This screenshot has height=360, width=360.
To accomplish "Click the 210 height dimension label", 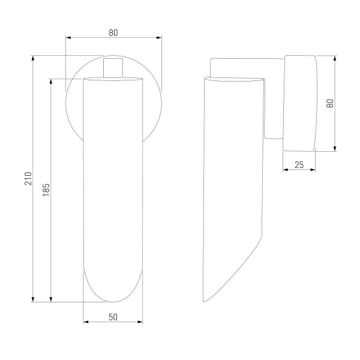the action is pos(28,178).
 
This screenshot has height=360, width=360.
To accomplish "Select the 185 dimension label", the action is pos(46,190).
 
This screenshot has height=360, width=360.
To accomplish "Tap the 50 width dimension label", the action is pos(113,317).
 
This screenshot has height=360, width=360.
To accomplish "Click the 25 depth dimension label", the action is pos(299,165).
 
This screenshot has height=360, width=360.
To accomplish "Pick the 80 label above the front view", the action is pos(113,33).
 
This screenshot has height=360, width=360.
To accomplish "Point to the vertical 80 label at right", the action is pos(329,103).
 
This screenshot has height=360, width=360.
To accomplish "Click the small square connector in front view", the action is pos(113,68).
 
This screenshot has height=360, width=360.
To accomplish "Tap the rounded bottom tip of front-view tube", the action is pos(113,302).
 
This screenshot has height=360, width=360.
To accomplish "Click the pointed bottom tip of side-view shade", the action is pos(204,301).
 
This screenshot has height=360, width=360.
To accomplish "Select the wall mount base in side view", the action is pos(300,103).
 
